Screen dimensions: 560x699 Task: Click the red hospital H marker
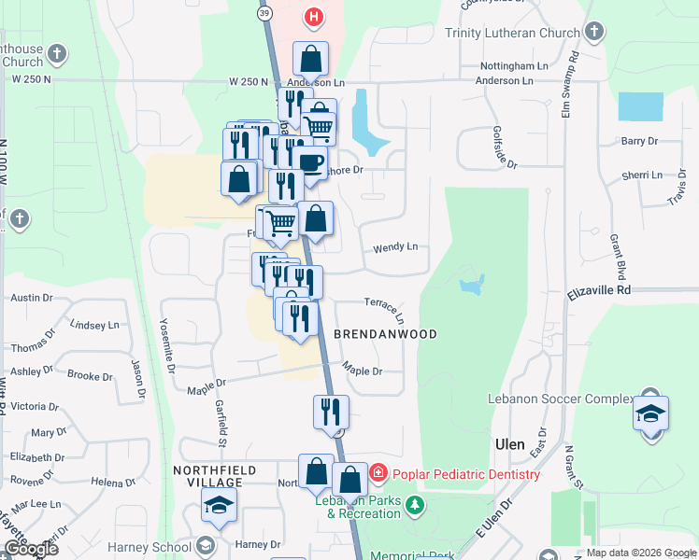click(314, 16)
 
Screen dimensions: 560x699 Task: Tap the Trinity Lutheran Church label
click(512, 34)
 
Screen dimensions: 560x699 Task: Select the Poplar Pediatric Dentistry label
click(465, 474)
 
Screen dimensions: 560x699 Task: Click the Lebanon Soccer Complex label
click(561, 399)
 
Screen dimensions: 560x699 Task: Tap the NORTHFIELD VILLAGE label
click(208, 476)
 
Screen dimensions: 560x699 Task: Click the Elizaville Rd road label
click(600, 292)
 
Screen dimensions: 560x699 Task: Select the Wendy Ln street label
click(395, 247)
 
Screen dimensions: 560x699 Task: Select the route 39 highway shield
click(265, 13)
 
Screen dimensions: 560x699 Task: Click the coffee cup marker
click(311, 163)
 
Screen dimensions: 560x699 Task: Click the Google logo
click(30, 549)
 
